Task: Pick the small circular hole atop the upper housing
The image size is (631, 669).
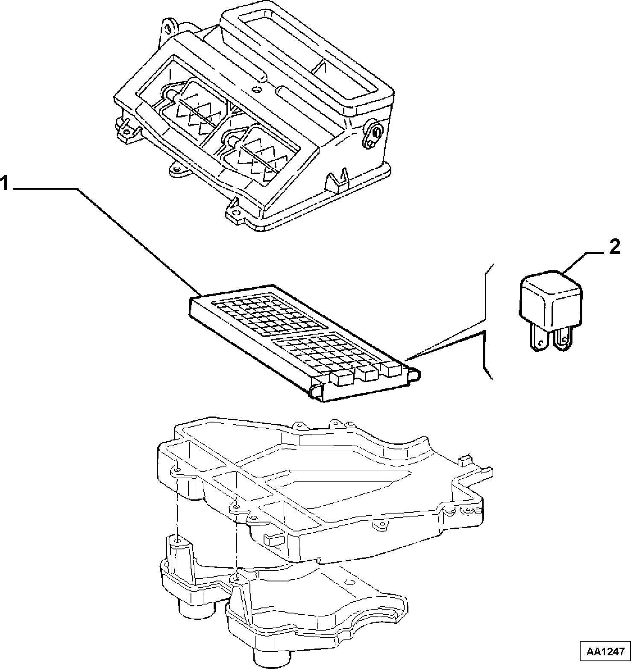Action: click(x=256, y=90)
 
